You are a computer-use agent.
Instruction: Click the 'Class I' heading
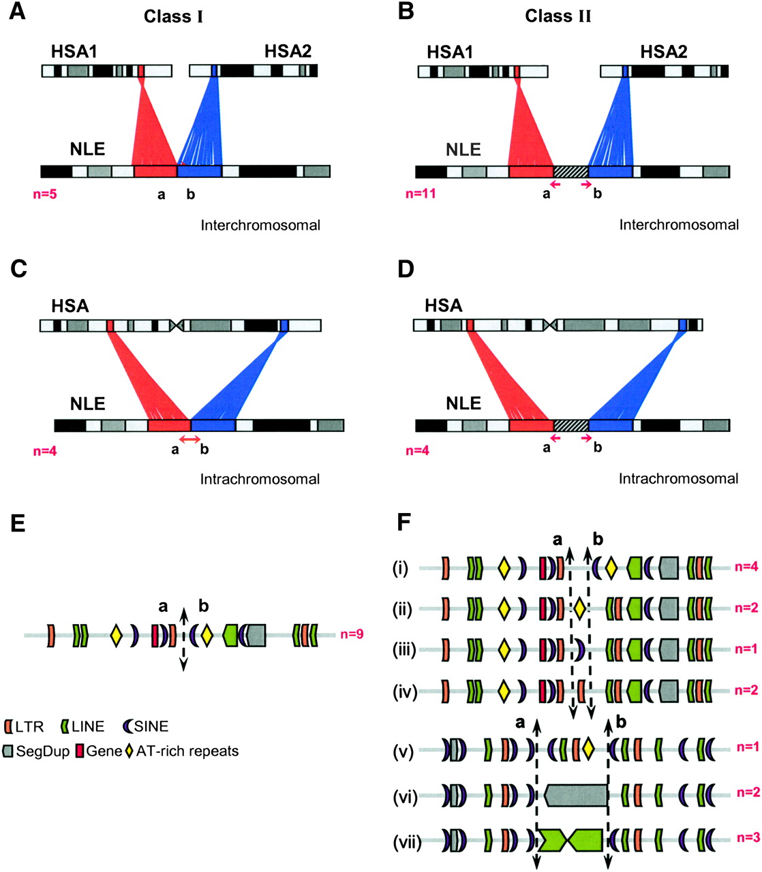tap(173, 16)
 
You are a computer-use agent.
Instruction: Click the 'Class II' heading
tap(558, 16)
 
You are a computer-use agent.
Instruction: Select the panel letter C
tap(19, 269)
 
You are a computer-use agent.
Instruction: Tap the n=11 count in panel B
tap(421, 193)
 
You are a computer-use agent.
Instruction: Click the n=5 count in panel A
tap(45, 194)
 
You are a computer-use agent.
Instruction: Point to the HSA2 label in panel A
tap(288, 51)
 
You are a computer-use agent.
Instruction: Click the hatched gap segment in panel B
tap(570, 171)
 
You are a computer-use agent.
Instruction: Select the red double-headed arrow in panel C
tap(189, 438)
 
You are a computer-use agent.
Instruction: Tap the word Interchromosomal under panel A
tap(260, 225)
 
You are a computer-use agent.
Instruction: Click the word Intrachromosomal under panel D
tap(678, 479)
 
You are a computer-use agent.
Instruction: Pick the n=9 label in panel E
tap(352, 634)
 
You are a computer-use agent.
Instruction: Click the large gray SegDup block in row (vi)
tap(576, 795)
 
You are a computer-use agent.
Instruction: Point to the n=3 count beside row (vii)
tap(748, 837)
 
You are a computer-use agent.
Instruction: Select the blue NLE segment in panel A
tap(200, 171)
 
